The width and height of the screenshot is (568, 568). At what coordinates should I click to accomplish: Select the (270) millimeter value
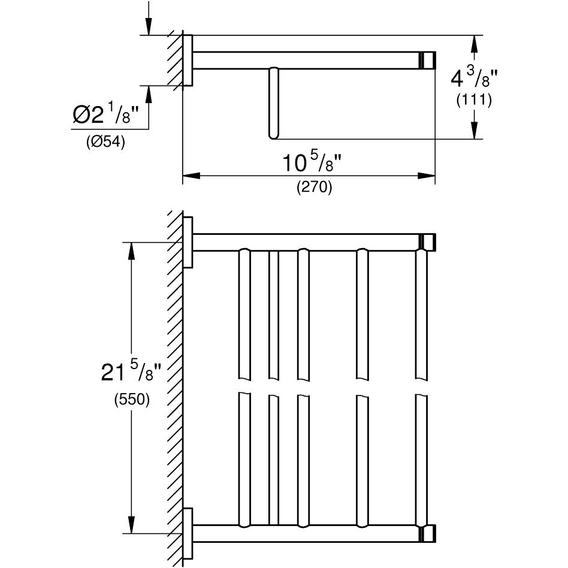coord(314,188)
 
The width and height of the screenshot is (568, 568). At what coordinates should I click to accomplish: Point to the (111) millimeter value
coord(474,100)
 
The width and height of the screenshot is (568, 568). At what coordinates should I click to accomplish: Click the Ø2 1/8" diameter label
coord(110,115)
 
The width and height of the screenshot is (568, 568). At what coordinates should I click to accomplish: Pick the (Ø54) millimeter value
coord(105,143)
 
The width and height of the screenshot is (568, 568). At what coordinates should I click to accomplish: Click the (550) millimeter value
coord(132,400)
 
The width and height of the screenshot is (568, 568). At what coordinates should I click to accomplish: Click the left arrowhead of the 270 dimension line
coord(191,176)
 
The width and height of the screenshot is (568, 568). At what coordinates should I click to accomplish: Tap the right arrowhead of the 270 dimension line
coord(427,176)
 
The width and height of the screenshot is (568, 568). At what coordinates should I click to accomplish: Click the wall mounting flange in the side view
coord(188,61)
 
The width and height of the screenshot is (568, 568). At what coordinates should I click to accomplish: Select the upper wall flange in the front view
coord(188,242)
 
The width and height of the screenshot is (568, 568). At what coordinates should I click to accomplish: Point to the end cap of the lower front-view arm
coord(428,533)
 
